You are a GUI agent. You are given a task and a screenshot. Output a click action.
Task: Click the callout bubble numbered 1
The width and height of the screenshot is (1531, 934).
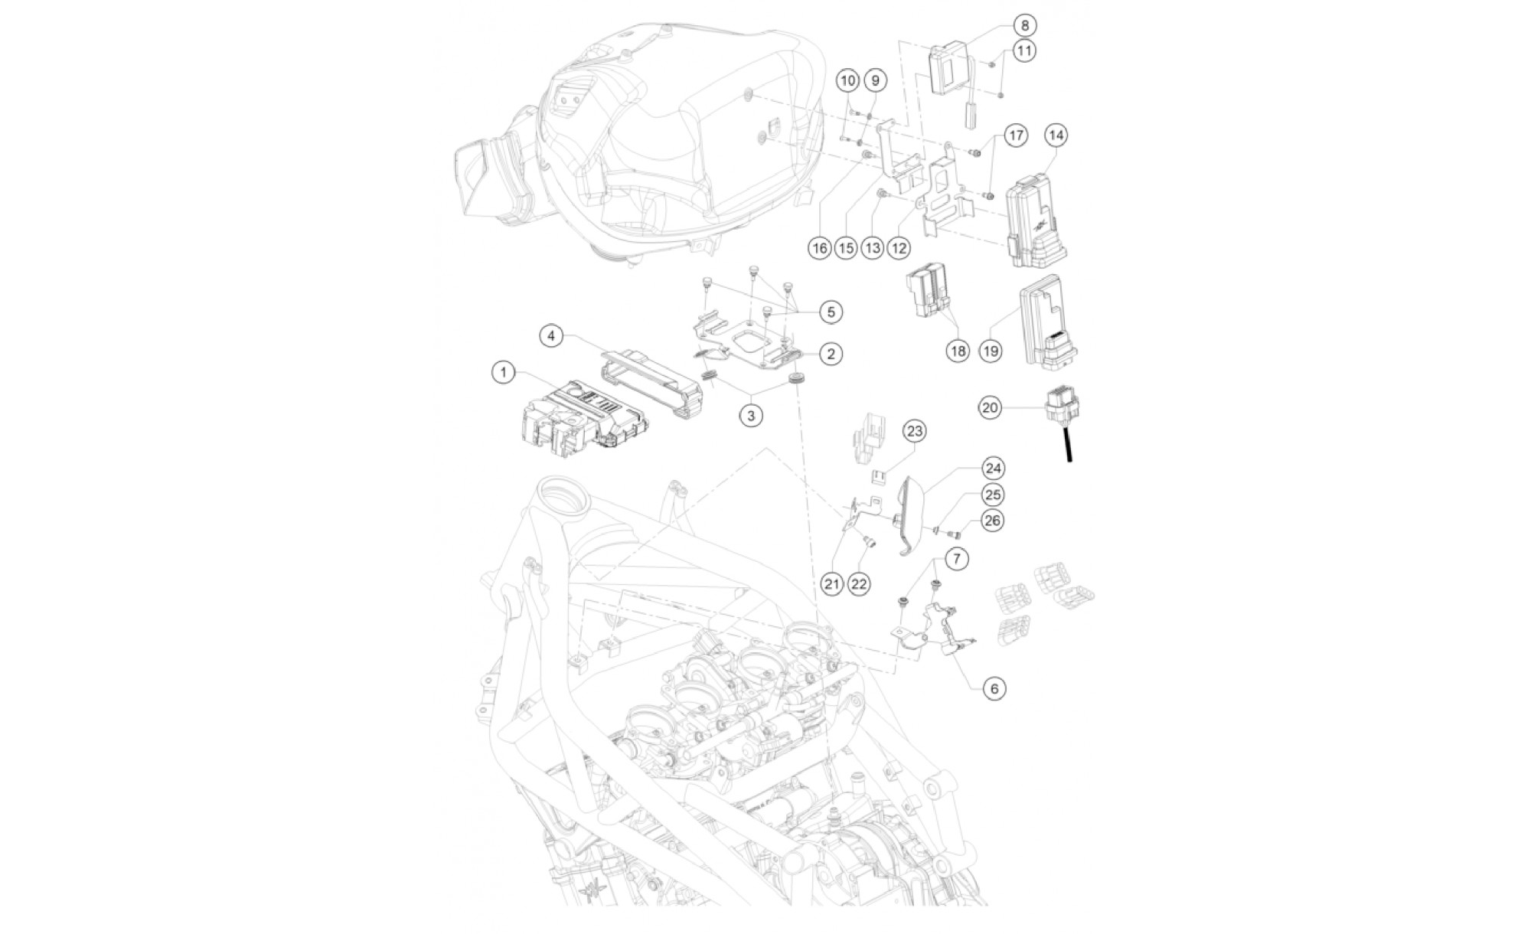(x=504, y=373)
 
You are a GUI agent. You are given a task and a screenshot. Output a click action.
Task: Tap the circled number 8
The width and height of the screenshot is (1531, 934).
(x=1025, y=25)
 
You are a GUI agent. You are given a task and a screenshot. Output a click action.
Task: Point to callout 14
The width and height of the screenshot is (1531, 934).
(x=1056, y=136)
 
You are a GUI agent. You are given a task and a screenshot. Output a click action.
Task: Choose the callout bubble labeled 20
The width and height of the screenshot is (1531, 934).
(x=990, y=408)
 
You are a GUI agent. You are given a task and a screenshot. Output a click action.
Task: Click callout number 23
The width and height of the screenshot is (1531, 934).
(x=915, y=432)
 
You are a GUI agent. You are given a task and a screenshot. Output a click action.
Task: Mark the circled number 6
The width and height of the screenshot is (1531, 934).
(x=994, y=688)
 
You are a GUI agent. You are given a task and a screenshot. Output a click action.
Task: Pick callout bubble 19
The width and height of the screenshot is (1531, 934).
(x=991, y=351)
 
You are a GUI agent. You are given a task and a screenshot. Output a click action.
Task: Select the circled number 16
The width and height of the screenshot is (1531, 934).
(x=820, y=248)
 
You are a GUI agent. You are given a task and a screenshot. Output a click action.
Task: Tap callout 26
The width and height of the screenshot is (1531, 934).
(x=992, y=521)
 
